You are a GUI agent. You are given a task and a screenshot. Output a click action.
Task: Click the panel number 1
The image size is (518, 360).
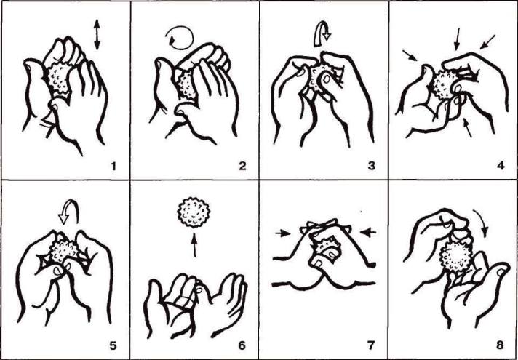pyautogui.click(x=113, y=167)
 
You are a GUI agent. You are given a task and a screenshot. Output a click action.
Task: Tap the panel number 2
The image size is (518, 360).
pyautogui.click(x=242, y=166)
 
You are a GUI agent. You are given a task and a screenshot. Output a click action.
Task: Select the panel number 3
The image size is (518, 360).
pyautogui.click(x=372, y=166)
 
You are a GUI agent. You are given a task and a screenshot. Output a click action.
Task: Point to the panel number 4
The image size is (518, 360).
pyautogui.click(x=501, y=166)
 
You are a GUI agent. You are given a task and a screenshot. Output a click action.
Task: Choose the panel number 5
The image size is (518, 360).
pyautogui.click(x=113, y=345)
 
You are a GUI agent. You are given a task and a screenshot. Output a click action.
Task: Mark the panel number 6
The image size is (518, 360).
pyautogui.click(x=242, y=345)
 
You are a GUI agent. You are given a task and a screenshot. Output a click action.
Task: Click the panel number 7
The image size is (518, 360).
pyautogui.click(x=372, y=345)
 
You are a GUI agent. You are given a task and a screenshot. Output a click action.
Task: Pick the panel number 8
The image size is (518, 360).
pyautogui.click(x=501, y=345)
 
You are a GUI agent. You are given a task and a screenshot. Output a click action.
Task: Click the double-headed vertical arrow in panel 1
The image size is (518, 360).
pyautogui.click(x=97, y=35)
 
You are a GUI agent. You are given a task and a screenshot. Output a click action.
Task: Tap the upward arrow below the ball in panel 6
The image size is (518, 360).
pyautogui.click(x=194, y=245)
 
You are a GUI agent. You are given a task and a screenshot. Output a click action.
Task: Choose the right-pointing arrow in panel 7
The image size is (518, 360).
pyautogui.click(x=283, y=233)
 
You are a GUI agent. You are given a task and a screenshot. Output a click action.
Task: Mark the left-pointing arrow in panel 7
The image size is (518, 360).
pyautogui.click(x=368, y=233)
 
